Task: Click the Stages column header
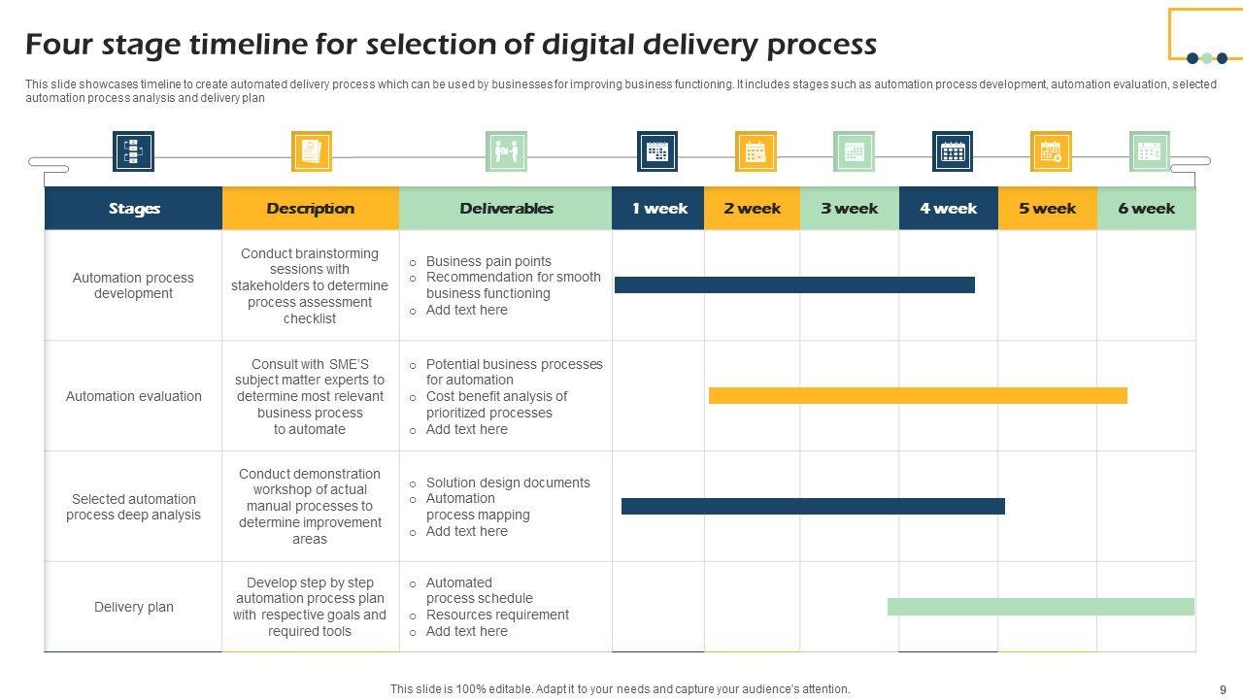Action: point(134,208)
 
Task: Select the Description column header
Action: point(310,208)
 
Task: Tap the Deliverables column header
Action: point(506,208)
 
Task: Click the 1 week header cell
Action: point(658,208)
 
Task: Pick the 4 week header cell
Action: point(948,208)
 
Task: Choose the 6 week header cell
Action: point(1146,208)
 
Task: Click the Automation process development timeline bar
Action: point(794,284)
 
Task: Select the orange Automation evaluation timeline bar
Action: point(918,395)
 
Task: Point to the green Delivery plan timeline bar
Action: point(1040,607)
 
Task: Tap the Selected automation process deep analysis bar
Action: point(813,506)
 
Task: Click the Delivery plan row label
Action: point(134,607)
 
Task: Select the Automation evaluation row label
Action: point(134,396)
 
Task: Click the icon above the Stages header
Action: point(133,151)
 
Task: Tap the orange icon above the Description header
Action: point(312,151)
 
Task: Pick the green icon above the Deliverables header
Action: point(506,151)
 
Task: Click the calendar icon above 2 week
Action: point(756,151)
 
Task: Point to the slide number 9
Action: point(1223,689)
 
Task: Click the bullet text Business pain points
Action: point(488,261)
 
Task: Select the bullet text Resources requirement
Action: point(497,615)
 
